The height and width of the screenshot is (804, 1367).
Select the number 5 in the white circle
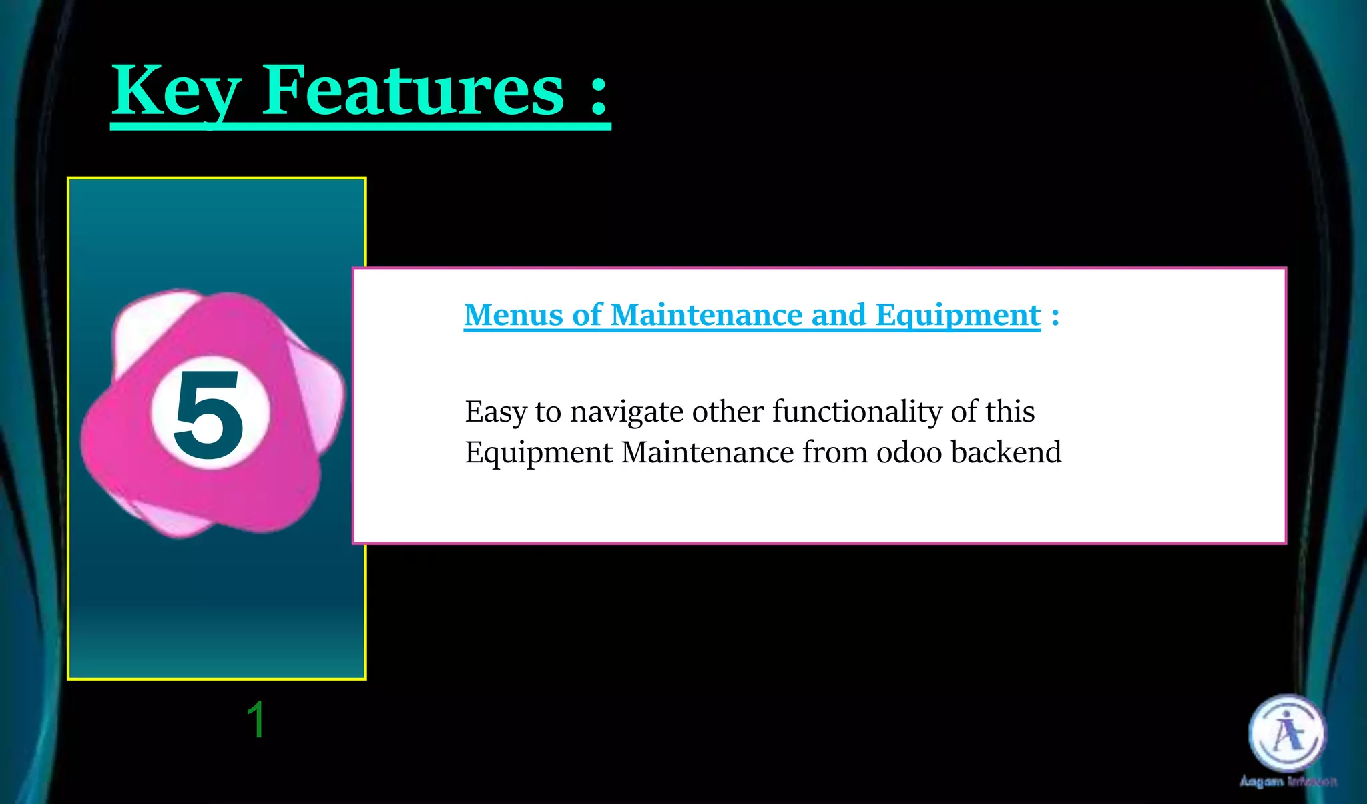pyautogui.click(x=209, y=415)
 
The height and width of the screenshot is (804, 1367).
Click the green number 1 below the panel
pyautogui.click(x=256, y=720)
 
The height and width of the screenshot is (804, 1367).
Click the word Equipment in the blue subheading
pyautogui.click(x=958, y=315)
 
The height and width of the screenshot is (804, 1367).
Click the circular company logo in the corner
pyautogui.click(x=1287, y=733)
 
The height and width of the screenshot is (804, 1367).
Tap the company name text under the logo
pyautogui.click(x=1288, y=781)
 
